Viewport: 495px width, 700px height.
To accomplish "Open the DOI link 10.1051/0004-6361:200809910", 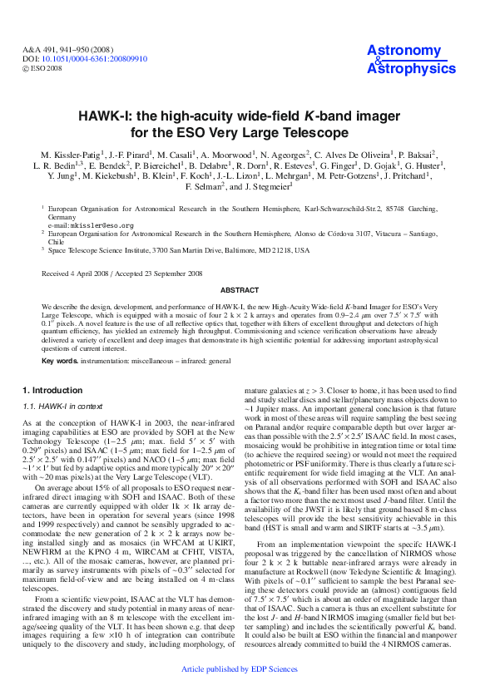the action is [x=95, y=59].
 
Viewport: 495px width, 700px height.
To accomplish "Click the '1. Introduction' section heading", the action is [x=52, y=389].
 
